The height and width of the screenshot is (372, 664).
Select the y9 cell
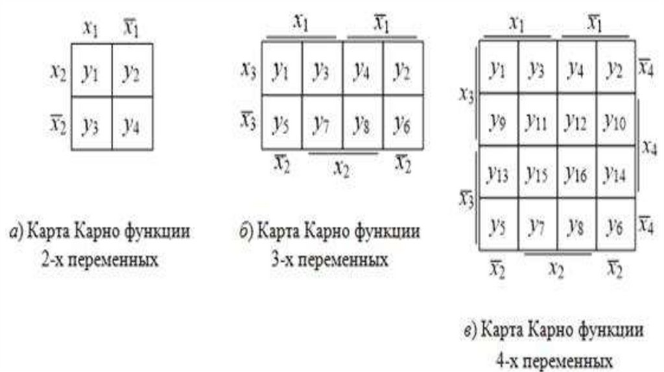click(x=498, y=121)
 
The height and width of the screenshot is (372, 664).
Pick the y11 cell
click(x=538, y=121)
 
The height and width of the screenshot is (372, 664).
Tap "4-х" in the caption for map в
click(x=508, y=358)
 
